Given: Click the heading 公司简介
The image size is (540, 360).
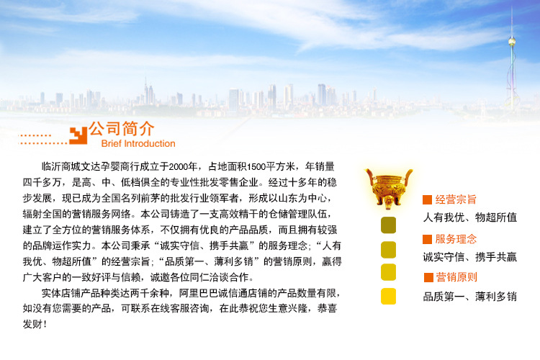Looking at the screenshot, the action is (121, 128).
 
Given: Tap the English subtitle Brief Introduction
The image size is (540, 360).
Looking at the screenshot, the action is (138, 144).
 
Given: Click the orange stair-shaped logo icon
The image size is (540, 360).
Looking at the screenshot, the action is (78, 135).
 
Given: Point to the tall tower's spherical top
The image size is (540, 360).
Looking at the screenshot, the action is (512, 42).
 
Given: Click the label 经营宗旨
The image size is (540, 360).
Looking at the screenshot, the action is (456, 199).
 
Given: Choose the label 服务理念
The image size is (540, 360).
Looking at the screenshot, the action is (456, 239).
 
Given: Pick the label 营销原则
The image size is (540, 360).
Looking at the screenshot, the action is (456, 277).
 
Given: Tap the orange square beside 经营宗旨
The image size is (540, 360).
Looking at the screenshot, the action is (427, 199).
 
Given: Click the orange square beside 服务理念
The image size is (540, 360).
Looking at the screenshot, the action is (427, 239).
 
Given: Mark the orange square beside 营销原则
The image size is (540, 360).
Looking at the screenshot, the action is (428, 277).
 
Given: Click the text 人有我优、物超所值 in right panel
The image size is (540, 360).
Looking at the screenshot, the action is (469, 217).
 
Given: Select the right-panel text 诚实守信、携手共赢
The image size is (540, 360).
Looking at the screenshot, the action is (469, 257).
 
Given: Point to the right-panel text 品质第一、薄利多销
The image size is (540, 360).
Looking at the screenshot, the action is (469, 296).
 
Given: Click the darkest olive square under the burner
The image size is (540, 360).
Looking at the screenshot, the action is (388, 225).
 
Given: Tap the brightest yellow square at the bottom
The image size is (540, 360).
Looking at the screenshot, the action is (388, 296).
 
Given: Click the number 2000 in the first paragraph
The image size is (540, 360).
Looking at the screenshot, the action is (179, 167).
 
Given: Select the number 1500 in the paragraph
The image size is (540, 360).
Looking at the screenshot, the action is (256, 167).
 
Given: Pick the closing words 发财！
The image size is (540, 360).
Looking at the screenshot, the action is (35, 324).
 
